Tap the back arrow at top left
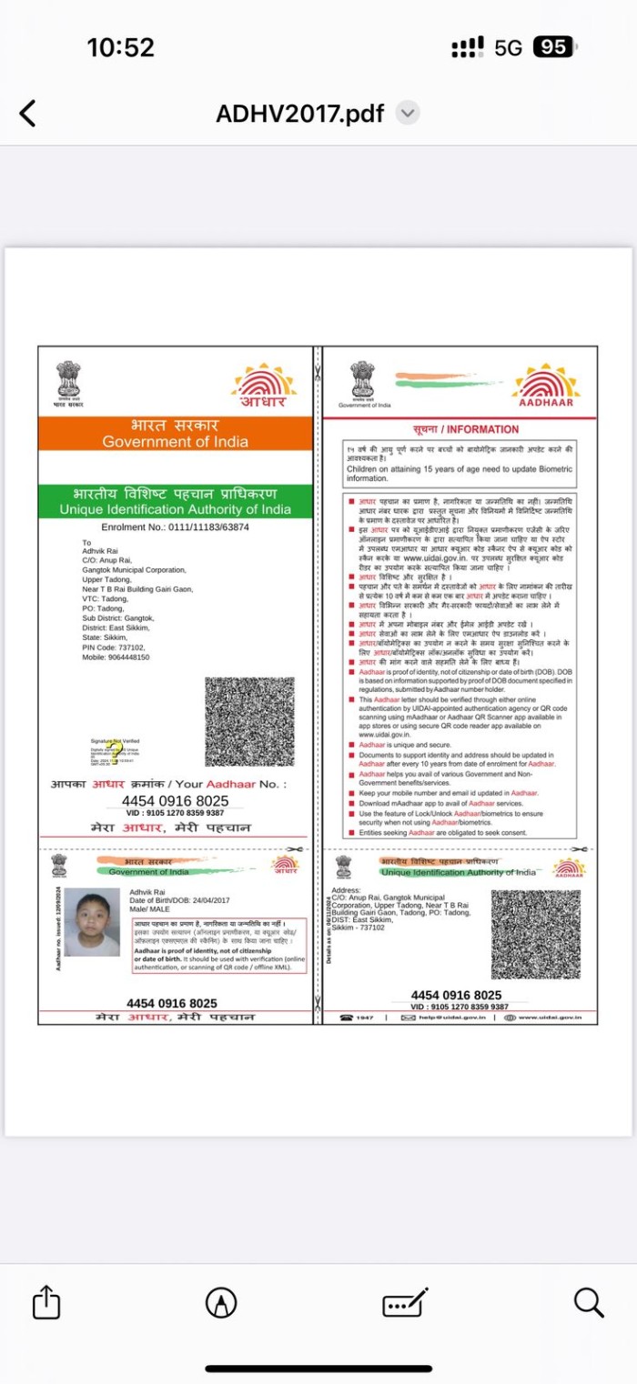(28, 114)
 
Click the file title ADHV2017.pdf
(299, 114)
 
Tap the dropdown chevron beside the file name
(409, 114)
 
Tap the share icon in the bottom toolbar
(46, 1304)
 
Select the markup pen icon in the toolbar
(221, 1303)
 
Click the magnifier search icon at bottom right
(589, 1303)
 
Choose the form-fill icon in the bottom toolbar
(406, 1304)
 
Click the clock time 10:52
(120, 47)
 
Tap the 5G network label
(508, 47)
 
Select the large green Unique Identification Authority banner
(175, 501)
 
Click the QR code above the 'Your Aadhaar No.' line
(249, 721)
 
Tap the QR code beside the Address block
(535, 934)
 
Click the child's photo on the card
(92, 922)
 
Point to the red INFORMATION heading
(465, 429)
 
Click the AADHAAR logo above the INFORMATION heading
(546, 385)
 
